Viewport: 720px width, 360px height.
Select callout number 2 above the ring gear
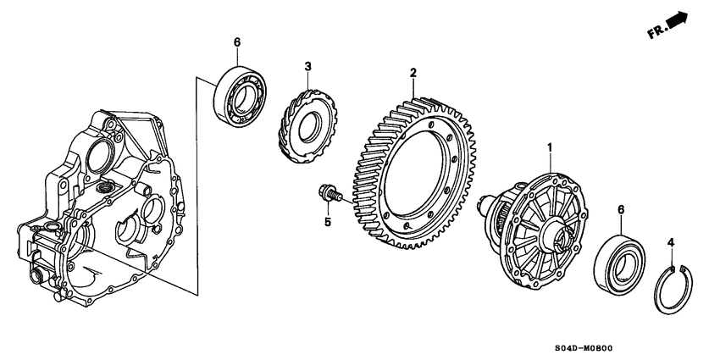[x=413, y=73]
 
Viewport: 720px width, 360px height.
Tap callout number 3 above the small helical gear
[x=308, y=66]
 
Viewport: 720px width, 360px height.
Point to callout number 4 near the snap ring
[x=671, y=244]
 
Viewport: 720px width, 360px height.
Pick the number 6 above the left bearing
[x=237, y=42]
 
